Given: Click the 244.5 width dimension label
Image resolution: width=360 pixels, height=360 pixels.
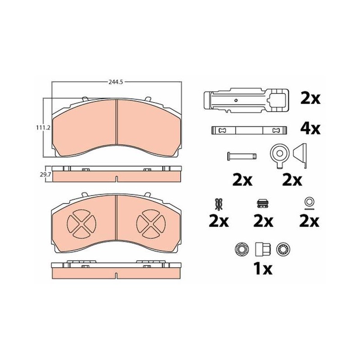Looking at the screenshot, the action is (x=116, y=82).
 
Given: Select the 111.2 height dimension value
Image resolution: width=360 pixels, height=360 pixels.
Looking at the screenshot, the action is (x=43, y=127).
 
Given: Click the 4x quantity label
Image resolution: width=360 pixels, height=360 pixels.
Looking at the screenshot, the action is (x=310, y=129).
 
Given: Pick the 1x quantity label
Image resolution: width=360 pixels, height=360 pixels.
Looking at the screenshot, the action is (x=263, y=268).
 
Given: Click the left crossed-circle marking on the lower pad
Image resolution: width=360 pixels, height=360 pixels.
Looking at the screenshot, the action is (x=82, y=223).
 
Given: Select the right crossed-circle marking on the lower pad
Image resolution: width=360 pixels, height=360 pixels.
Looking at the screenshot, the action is (x=151, y=223).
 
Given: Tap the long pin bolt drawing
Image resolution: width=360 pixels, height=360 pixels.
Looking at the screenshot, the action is (x=242, y=156).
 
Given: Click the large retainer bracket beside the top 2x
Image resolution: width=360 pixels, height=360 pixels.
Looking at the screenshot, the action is (x=246, y=100).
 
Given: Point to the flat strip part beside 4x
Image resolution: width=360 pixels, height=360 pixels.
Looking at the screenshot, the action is (x=249, y=130).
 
